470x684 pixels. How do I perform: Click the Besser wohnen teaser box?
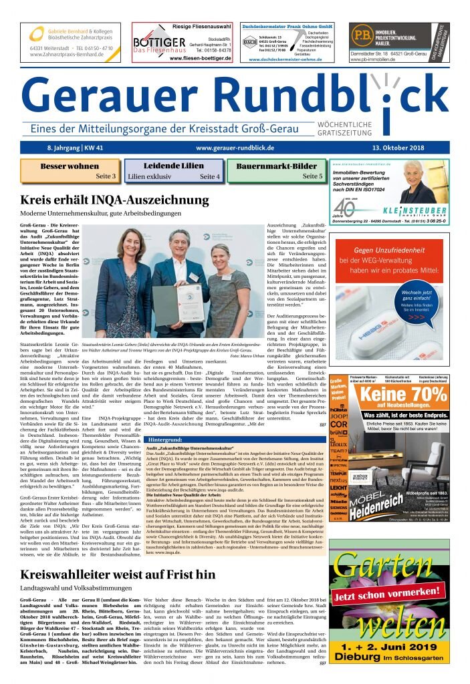70,171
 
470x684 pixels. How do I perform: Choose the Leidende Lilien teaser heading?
173,166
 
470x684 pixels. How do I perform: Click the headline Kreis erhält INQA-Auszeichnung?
114,200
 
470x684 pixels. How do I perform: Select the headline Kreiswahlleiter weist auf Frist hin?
118,574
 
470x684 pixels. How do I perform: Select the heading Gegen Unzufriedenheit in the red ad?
390,250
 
